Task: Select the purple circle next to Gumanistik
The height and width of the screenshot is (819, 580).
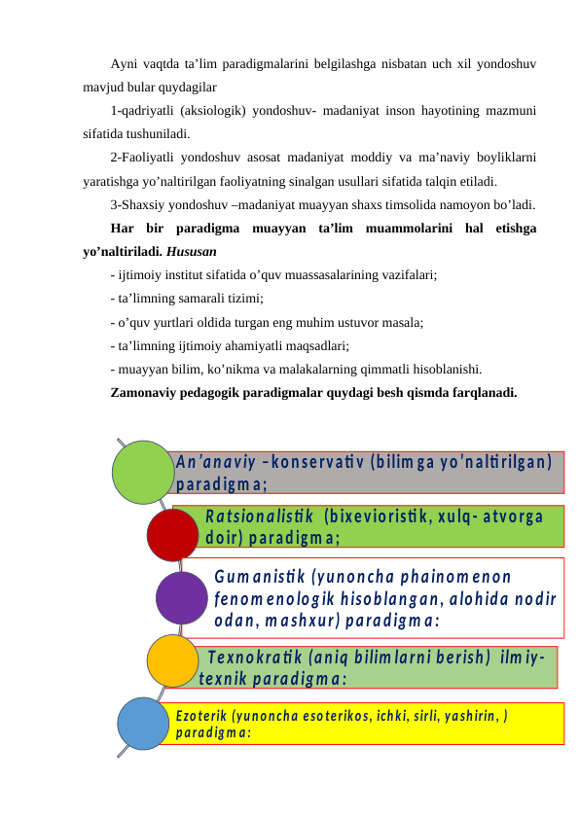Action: (182, 597)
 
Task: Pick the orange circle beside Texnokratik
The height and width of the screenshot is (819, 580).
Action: (173, 660)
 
